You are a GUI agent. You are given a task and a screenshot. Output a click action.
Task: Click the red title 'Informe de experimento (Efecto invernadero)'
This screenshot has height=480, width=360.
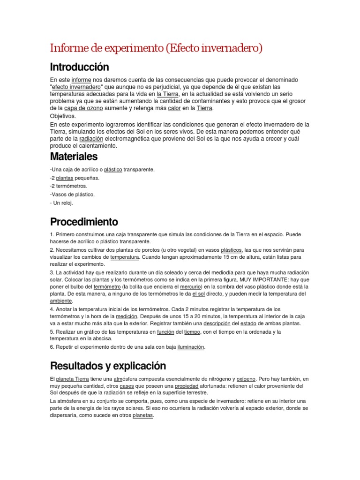click(156, 48)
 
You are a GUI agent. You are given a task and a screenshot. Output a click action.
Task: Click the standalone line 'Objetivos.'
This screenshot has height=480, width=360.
click(63, 116)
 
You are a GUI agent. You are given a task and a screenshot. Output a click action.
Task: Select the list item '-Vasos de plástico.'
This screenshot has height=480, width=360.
click(72, 195)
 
